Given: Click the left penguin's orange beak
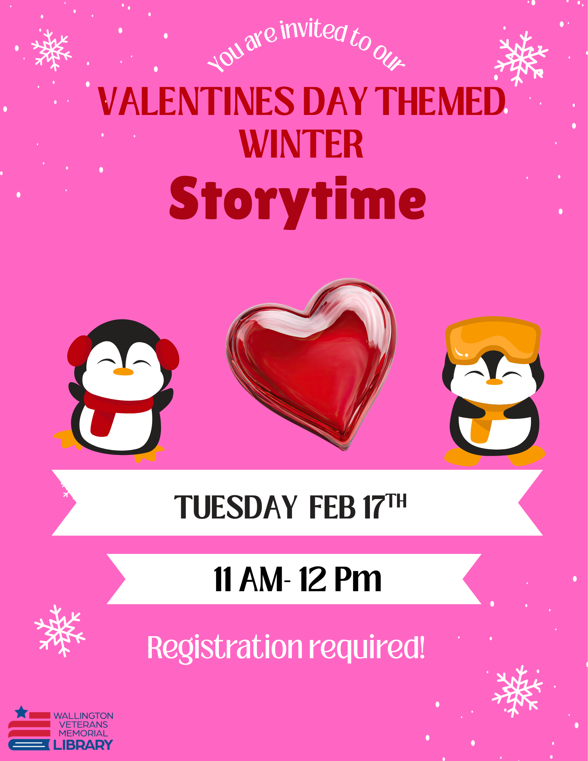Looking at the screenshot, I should pos(123,372).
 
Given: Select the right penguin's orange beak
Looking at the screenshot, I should pos(494,381).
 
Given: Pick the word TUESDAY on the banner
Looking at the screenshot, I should pos(236,507).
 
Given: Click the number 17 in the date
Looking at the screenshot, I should pos(373,507).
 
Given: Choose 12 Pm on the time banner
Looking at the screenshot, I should pos(340,579).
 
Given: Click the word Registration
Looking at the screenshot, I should pos(225,648).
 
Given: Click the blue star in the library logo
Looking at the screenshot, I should pos(21,712).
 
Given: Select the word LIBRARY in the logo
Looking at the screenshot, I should pos(83,745).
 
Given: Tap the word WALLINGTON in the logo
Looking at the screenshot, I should pos(83,716).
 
